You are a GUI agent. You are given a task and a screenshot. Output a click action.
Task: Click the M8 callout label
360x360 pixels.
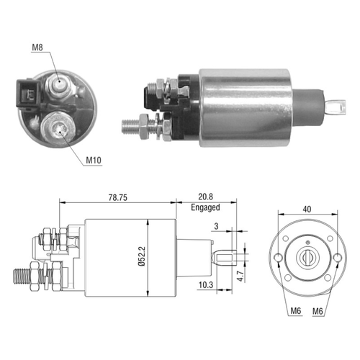(x=37, y=48)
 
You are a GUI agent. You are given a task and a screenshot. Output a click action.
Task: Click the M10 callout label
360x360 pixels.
(x=94, y=160)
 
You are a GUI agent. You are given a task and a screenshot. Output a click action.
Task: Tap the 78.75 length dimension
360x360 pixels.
(x=118, y=197)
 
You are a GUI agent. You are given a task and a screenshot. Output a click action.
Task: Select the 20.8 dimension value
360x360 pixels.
(x=205, y=197)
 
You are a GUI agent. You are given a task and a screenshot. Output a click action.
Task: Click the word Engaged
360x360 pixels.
(x=205, y=207)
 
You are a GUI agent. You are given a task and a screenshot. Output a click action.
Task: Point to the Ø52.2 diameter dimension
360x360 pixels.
(x=142, y=256)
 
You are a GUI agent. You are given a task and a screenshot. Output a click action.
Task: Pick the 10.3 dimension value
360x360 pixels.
(x=206, y=285)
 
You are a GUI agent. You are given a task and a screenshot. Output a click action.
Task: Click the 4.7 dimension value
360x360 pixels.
(x=240, y=276)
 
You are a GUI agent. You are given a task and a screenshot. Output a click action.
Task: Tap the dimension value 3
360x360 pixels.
(x=216, y=226)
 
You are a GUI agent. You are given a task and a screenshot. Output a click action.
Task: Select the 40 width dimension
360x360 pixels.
(x=307, y=210)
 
